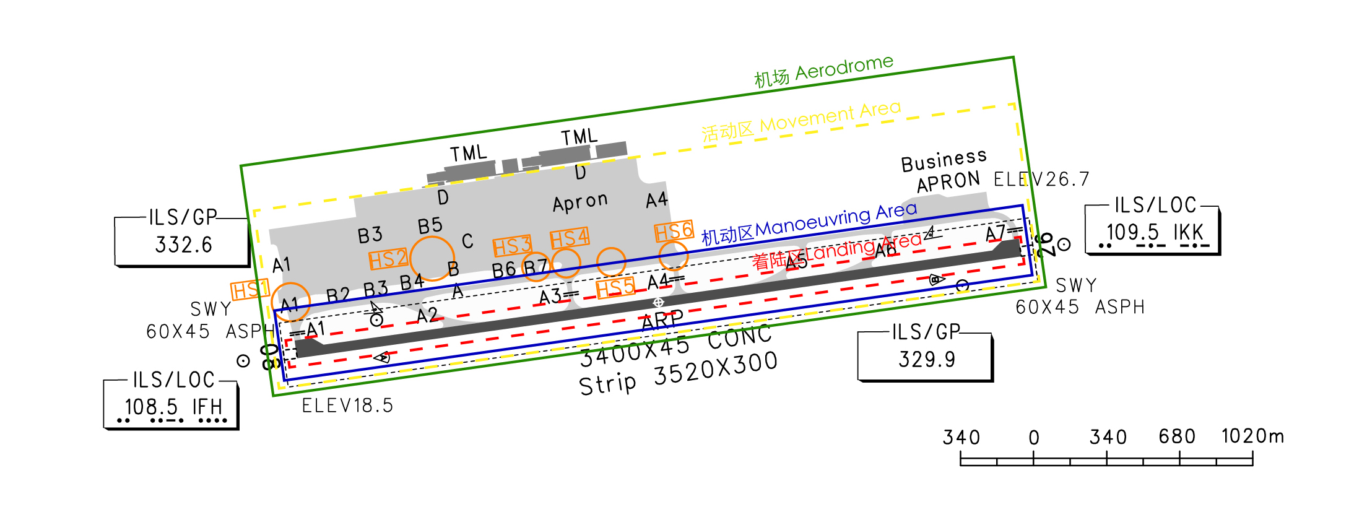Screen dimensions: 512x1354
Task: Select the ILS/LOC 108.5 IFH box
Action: (171, 402)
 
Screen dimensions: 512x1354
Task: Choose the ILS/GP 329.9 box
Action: (925, 355)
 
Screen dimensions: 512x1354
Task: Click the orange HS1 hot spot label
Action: (250, 290)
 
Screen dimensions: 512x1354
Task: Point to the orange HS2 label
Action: (388, 259)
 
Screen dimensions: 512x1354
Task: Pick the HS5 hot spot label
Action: (615, 288)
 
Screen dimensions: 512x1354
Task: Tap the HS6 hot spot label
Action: (674, 232)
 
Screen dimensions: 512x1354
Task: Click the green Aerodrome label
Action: (823, 71)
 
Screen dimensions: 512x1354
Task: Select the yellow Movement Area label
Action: (801, 121)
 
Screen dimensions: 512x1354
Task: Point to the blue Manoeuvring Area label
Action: (809, 223)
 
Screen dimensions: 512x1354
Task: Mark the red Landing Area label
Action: (836, 251)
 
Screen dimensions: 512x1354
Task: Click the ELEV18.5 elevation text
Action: (347, 406)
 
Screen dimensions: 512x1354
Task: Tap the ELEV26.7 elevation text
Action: (1041, 180)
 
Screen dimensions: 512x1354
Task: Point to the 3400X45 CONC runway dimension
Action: (675, 345)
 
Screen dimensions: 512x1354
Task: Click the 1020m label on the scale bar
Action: (1252, 436)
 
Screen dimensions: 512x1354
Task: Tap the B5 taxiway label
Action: (430, 226)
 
